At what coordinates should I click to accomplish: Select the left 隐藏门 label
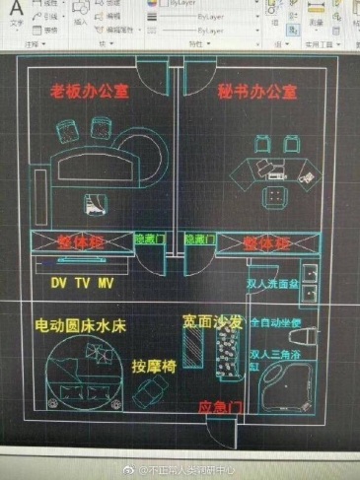(x=148, y=239)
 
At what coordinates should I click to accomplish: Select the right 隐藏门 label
(x=199, y=239)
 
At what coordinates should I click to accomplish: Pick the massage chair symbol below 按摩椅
(x=149, y=395)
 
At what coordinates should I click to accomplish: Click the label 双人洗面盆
(x=273, y=282)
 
